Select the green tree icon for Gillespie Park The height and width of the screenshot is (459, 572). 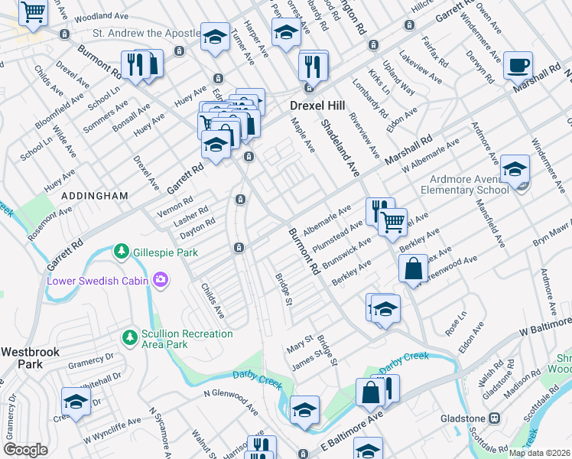[121, 251]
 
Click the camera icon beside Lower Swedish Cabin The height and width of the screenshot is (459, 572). [160, 280]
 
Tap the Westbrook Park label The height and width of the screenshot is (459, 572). [21, 358]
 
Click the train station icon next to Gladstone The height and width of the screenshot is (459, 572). [494, 418]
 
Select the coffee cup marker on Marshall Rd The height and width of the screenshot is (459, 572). [518, 67]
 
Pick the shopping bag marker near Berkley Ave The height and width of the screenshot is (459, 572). [413, 269]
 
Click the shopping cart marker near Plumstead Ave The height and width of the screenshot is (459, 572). [393, 222]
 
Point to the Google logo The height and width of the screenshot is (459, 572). [25, 450]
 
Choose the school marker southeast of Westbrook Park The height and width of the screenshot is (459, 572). [76, 400]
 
